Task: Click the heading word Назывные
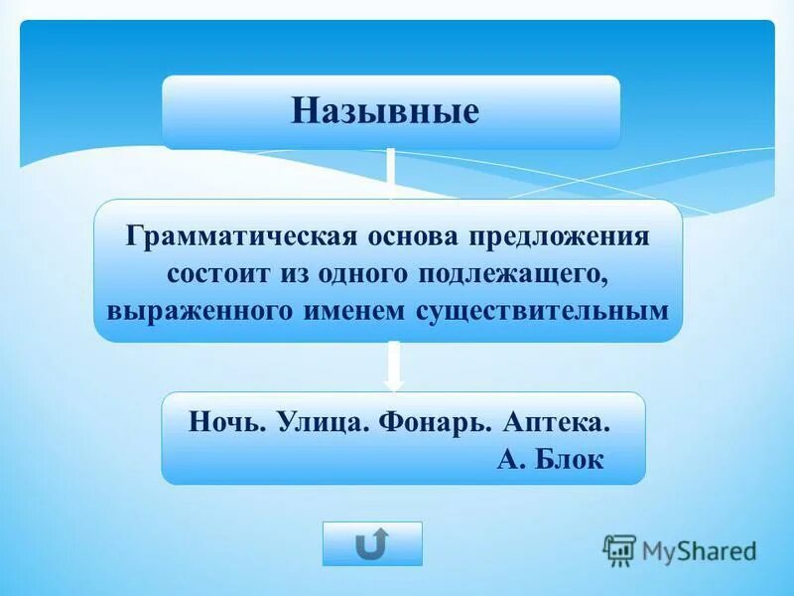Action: tap(384, 110)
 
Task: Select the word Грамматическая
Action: tap(234, 238)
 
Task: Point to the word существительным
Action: tap(541, 309)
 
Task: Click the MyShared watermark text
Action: tap(699, 549)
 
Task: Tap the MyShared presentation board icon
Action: tap(619, 549)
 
